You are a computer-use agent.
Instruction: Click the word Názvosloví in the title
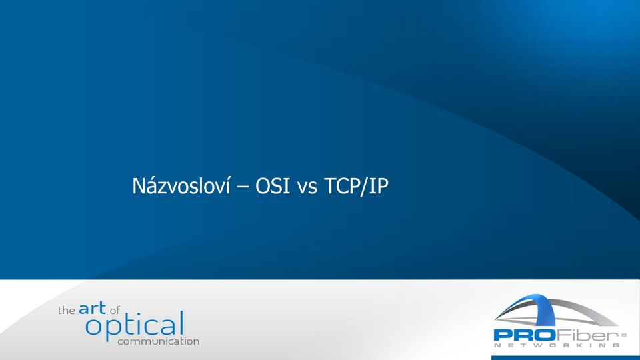[x=181, y=186]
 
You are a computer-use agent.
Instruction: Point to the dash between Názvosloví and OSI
[x=243, y=187]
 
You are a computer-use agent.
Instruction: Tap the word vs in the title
[x=307, y=189]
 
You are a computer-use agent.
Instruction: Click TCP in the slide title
[x=341, y=186]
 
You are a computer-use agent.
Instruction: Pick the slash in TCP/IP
[x=363, y=187]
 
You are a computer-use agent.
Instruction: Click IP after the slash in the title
[x=377, y=186]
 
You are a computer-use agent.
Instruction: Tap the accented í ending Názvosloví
[x=228, y=186]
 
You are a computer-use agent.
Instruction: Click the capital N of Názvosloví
[x=139, y=186]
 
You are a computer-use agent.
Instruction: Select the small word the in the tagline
[x=67, y=311]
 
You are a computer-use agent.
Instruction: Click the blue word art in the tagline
[x=92, y=308]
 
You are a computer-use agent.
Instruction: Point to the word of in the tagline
[x=115, y=311]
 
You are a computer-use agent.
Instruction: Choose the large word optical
[x=135, y=326]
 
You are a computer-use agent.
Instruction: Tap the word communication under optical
[x=159, y=341]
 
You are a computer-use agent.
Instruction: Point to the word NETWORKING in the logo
[x=556, y=345]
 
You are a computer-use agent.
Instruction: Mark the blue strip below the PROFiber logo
[x=566, y=358]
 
